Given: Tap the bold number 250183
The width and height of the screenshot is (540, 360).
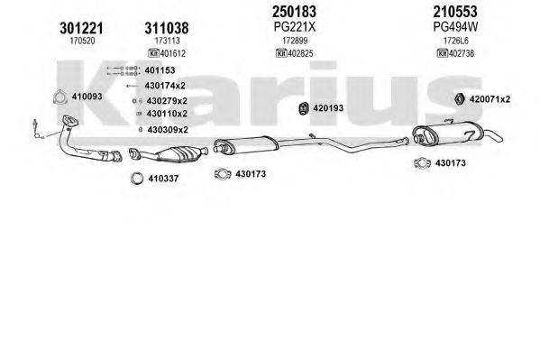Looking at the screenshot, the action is click(x=296, y=11).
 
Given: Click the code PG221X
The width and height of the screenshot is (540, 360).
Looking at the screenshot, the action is click(x=296, y=27).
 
